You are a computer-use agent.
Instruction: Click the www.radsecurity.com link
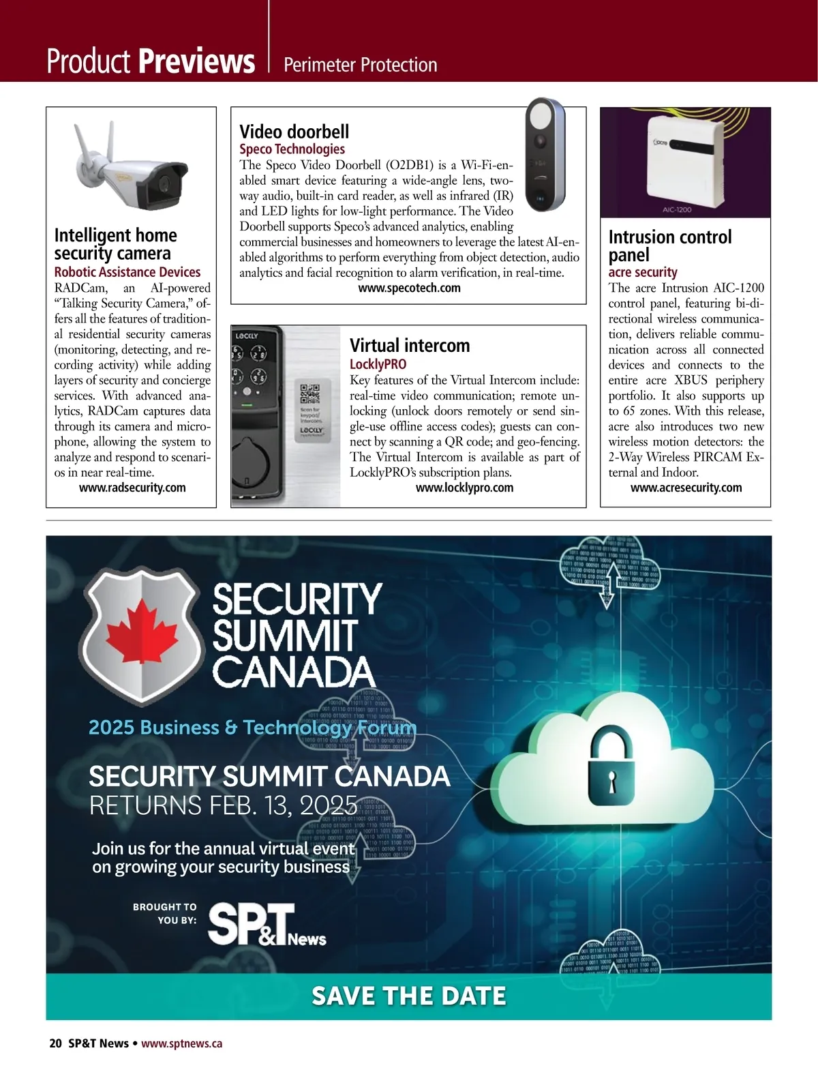tap(132, 488)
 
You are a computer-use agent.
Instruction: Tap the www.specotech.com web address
tap(409, 288)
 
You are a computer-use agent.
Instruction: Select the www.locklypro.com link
tap(464, 488)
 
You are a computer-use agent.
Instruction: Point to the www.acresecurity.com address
tap(686, 488)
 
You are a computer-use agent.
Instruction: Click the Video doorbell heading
tap(294, 132)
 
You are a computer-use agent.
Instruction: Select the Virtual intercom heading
tap(410, 345)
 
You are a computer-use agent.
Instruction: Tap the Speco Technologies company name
tap(292, 149)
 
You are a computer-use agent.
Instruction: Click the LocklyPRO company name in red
tap(378, 364)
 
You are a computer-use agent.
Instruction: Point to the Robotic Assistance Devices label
tap(127, 272)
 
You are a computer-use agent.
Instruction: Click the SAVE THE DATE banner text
tap(408, 996)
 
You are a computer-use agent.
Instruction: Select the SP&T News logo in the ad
tap(266, 925)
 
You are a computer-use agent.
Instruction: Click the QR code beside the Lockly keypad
tap(310, 394)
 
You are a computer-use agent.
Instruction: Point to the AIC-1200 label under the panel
tap(677, 209)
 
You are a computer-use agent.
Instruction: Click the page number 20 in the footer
tap(55, 1043)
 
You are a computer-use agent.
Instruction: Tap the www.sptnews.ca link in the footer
tap(181, 1043)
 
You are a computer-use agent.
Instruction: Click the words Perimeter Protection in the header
tap(360, 65)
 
